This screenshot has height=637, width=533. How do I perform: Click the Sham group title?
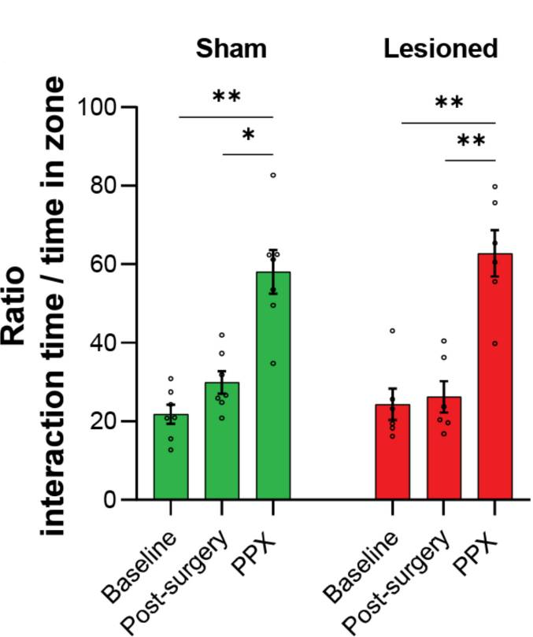click(x=231, y=49)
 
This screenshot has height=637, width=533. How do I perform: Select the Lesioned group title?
click(x=441, y=49)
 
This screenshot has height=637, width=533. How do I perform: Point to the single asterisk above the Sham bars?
click(x=249, y=135)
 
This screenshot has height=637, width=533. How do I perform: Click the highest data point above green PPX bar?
click(x=273, y=175)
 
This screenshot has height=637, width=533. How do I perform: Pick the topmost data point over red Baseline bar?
click(x=392, y=331)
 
